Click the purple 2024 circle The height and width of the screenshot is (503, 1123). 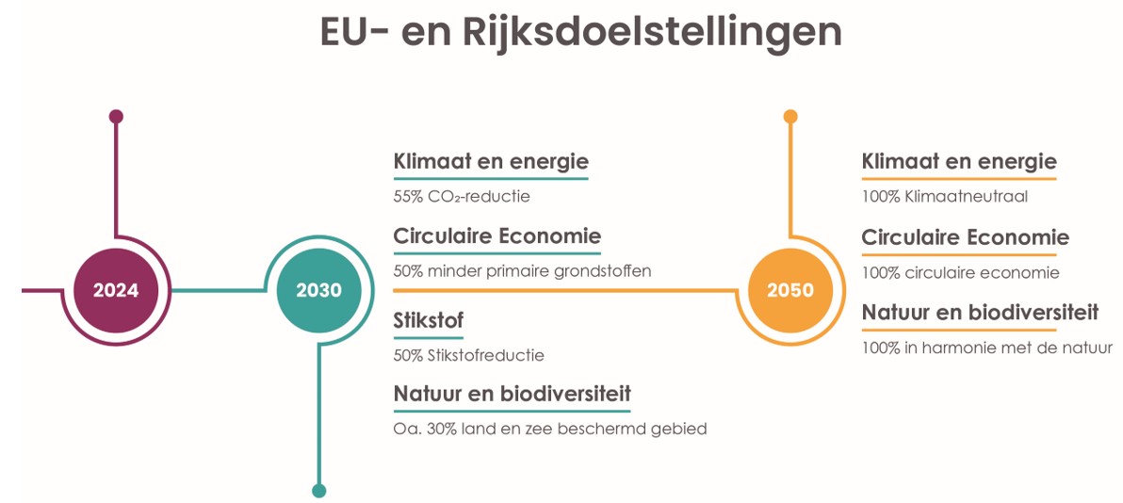pos(116,290)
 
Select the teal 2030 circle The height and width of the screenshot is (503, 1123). pos(318,290)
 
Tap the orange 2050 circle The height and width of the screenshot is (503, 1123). pos(789,290)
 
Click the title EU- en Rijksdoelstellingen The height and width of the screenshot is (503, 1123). pos(580,32)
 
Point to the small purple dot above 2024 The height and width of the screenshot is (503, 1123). pos(116,117)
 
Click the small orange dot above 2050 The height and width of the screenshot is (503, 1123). pos(790,117)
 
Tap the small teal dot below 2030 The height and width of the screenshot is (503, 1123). pos(318,490)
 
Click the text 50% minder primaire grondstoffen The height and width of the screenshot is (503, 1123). pos(522,271)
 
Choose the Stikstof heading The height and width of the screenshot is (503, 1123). pos(429,321)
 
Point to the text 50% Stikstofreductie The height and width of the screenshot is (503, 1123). pos(468,356)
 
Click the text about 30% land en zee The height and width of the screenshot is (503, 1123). pos(549,430)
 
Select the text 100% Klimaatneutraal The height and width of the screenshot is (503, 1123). pos(944,198)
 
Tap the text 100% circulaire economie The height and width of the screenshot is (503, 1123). pos(960,273)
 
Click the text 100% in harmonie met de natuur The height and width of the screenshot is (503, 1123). pos(986,349)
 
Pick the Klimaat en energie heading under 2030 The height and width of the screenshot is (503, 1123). pos(491,161)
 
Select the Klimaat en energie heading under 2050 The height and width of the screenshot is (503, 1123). pos(959,161)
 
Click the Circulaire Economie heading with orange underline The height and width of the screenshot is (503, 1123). pos(965,236)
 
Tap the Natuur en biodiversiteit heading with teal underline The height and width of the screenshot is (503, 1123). pos(512,393)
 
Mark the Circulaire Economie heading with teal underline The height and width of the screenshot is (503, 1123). pos(496,235)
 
